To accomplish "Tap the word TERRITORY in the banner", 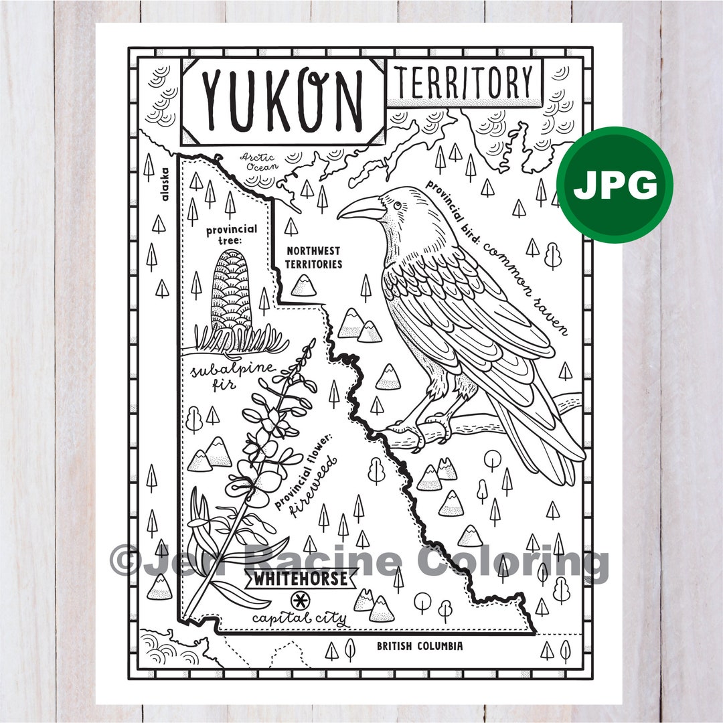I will click(x=465, y=83).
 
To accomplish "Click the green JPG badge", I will click(x=615, y=185).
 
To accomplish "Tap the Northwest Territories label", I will click(x=313, y=257).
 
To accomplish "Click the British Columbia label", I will click(x=419, y=647).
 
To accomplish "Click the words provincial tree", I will click(x=231, y=235).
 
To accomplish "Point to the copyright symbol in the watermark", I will click(x=123, y=561).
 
